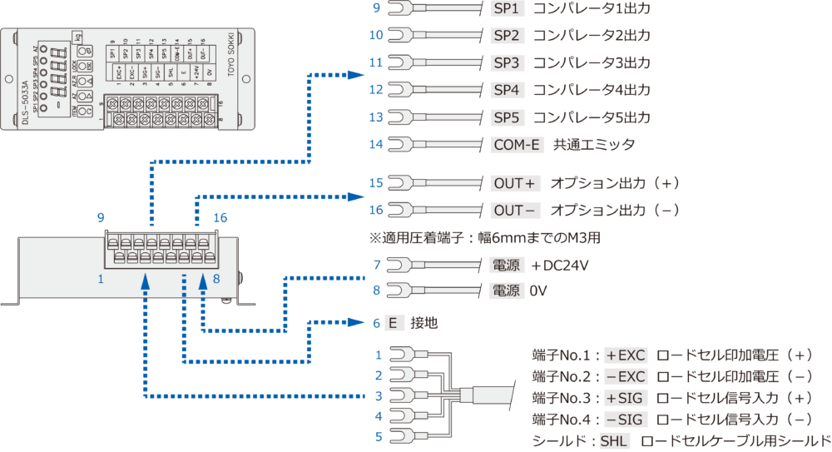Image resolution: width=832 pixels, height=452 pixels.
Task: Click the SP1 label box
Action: click(506, 8)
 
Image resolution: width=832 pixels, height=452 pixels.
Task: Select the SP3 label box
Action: click(506, 62)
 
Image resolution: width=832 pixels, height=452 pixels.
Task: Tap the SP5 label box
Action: click(506, 117)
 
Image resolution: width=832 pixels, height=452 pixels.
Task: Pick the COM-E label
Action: click(517, 145)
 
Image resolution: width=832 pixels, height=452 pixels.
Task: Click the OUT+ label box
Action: click(516, 182)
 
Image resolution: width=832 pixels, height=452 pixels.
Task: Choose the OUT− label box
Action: click(516, 210)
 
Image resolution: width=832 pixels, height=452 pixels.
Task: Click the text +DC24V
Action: click(559, 266)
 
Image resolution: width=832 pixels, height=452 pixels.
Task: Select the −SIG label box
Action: click(626, 419)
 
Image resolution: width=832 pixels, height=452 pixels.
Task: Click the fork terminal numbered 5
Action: click(403, 436)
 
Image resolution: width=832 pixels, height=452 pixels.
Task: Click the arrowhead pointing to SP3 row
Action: click(356, 75)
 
